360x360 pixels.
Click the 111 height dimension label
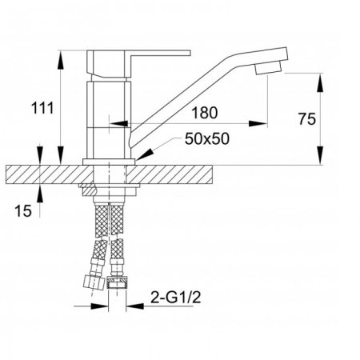[x=42, y=108]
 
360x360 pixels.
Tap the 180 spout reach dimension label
[x=205, y=113]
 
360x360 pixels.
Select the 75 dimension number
[x=307, y=119]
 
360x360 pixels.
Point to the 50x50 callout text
[x=207, y=138]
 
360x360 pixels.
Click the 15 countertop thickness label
[x=23, y=211]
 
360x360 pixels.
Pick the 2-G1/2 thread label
[x=175, y=297]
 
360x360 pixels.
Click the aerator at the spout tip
[x=268, y=68]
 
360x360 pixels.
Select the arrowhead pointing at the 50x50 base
[x=144, y=154]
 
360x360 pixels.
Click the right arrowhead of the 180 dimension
[x=258, y=124]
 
